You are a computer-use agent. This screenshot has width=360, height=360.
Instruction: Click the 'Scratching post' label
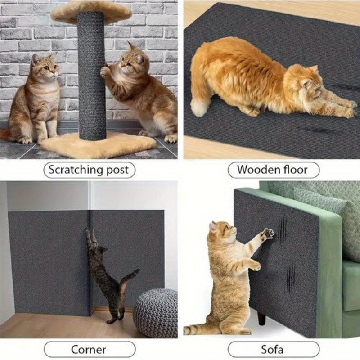coord(89,170)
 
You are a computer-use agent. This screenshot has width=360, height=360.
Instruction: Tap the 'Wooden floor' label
coord(272,170)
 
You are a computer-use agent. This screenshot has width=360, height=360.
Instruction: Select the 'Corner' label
coord(89,349)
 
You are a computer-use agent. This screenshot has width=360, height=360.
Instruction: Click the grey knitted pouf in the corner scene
coord(155,312)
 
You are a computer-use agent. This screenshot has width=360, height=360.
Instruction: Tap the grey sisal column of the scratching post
coord(92,76)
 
